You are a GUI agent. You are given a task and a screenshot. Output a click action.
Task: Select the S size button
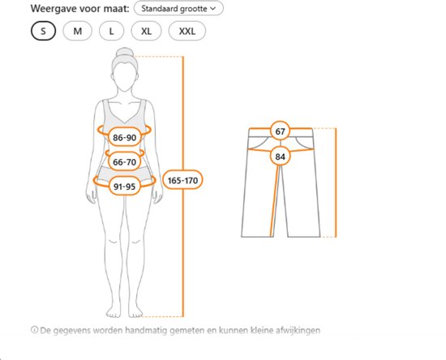[x=43, y=31]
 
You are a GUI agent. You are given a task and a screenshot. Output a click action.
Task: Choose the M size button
[x=77, y=31]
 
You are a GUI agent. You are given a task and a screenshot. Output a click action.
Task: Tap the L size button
[x=112, y=31]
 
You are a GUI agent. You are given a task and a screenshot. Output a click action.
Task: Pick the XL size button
[x=146, y=31]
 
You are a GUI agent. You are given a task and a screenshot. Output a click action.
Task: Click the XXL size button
[x=187, y=31]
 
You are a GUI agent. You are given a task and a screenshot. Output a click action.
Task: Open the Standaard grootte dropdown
[x=178, y=8]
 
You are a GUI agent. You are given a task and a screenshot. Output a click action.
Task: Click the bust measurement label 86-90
[x=125, y=138]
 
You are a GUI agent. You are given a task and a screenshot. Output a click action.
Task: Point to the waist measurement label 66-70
[x=125, y=162]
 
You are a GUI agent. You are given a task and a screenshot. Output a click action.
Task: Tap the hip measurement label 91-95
[x=125, y=186]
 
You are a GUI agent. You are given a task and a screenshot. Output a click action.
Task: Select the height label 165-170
[x=182, y=180]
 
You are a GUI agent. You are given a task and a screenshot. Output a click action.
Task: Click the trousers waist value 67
[x=281, y=131]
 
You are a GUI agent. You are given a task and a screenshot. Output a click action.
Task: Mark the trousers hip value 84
[x=281, y=156]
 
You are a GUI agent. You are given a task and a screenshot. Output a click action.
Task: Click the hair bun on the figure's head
[x=125, y=53]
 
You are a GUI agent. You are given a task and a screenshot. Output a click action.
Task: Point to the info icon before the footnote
[x=34, y=330]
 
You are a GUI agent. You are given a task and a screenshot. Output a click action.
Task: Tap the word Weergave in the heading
[x=54, y=8]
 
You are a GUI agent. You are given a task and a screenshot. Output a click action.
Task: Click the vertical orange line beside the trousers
[x=336, y=182]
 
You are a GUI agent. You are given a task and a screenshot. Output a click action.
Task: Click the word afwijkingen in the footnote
[x=298, y=331]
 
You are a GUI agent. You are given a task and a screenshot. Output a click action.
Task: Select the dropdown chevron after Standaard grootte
[x=212, y=9]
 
